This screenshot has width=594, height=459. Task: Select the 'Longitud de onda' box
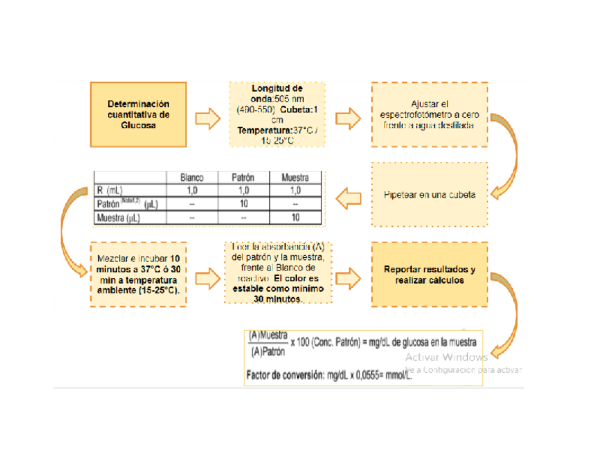coord(277,114)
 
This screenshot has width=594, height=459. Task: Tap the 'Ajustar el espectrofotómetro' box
coord(429,114)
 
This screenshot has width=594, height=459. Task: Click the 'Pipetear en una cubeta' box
coord(429,195)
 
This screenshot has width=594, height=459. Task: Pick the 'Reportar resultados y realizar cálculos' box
coord(429,274)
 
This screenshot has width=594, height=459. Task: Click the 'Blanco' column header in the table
coord(192,178)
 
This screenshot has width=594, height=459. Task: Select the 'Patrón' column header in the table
coord(243,178)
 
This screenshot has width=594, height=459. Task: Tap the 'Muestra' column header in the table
coord(295,178)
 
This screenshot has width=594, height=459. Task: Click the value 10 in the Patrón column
coord(243,204)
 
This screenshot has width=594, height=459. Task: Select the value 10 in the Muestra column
coord(295,218)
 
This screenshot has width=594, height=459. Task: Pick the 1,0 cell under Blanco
coord(192,191)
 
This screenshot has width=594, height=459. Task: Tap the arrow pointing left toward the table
coord(350,198)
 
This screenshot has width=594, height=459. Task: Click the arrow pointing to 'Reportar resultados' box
coord(350,274)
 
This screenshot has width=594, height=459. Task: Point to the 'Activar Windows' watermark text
coord(446,357)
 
